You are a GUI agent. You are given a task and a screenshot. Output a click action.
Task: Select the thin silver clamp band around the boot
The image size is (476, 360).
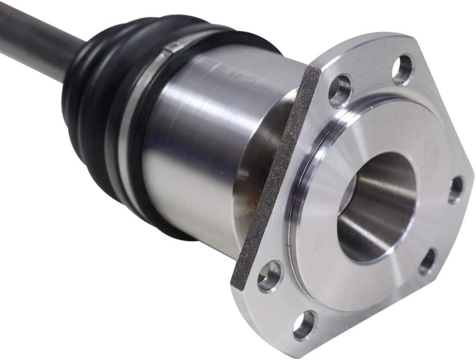pos(139,93)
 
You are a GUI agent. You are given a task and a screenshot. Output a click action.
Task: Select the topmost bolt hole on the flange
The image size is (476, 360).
pos(403,69)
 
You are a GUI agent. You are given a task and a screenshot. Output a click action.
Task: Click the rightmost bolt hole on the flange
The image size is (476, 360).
pos(456,189)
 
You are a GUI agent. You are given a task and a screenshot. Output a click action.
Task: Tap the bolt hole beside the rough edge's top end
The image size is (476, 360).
pos(340,90)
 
